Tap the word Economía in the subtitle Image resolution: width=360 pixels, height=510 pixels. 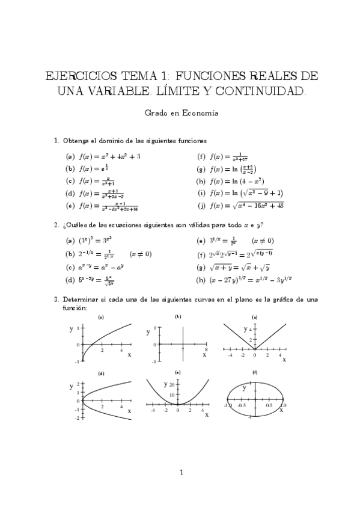(x=201, y=112)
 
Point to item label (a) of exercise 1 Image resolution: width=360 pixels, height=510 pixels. (x=70, y=156)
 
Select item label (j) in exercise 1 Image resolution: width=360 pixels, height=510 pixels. (x=201, y=206)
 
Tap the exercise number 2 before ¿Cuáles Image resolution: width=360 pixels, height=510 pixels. (x=56, y=226)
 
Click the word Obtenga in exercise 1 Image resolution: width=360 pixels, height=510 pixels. (x=75, y=141)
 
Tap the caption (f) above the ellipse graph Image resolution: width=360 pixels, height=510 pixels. (x=255, y=373)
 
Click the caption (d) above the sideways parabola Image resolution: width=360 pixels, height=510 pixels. (x=102, y=373)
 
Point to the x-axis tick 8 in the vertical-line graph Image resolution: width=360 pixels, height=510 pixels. (x=206, y=349)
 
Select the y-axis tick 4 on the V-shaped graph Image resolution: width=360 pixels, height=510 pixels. (x=246, y=329)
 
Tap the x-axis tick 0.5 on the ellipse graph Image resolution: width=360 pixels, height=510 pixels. (x=269, y=405)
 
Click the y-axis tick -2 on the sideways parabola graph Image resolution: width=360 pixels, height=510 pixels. (x=78, y=417)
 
